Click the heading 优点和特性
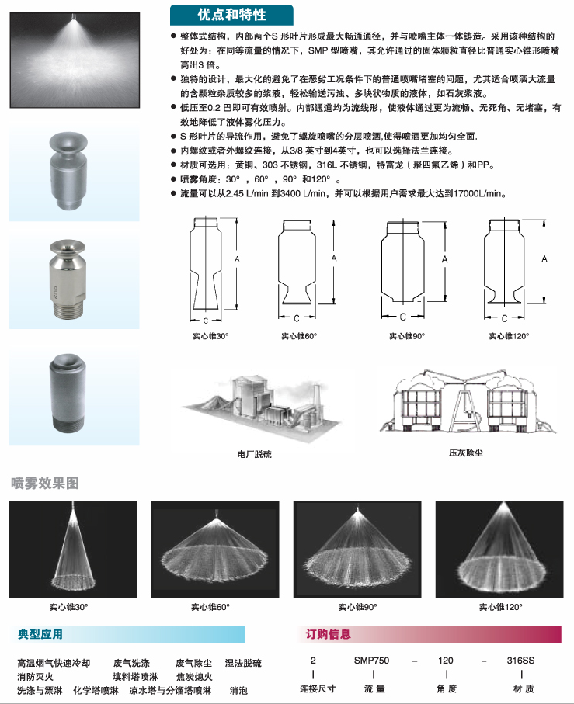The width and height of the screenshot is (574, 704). [x=231, y=15]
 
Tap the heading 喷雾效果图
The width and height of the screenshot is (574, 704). [x=45, y=483]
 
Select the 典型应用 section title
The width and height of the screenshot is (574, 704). [x=40, y=634]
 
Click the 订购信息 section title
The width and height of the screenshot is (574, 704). [x=328, y=634]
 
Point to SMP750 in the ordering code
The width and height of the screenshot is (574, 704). [x=371, y=661]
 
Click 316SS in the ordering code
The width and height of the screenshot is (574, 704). [x=520, y=661]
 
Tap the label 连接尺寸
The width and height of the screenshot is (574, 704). [x=318, y=688]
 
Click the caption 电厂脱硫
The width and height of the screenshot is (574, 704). [x=255, y=454]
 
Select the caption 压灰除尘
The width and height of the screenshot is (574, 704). [x=466, y=453]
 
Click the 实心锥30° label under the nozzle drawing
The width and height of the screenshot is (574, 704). [x=210, y=336]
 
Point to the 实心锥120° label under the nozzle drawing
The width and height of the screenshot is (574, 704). [x=509, y=336]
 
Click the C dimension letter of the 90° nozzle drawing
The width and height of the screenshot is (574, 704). [x=402, y=317]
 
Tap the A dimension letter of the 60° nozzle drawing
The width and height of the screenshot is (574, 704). [x=334, y=258]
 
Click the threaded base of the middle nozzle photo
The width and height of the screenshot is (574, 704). [x=68, y=310]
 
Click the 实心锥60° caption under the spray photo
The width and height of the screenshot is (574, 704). [x=210, y=607]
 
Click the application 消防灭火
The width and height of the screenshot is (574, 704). [x=35, y=677]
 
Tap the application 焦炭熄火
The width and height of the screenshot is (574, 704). [x=194, y=677]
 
